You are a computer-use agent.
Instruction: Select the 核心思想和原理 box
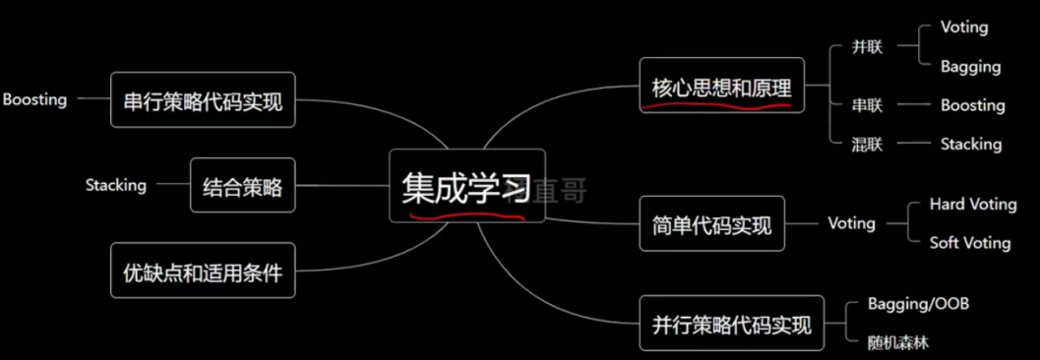[721, 87]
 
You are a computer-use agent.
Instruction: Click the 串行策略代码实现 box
[203, 100]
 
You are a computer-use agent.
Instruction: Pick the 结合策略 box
[242, 185]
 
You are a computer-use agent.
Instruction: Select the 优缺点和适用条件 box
[203, 271]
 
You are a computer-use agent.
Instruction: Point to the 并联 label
[868, 47]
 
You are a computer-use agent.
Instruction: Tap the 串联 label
[868, 105]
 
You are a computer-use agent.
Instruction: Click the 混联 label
[868, 144]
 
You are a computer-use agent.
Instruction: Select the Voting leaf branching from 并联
[963, 28]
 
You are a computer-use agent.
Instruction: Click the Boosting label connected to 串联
[972, 105]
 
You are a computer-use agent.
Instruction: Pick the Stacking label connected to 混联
[970, 144]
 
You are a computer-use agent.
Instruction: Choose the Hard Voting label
[972, 205]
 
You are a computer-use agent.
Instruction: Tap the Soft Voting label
[969, 242]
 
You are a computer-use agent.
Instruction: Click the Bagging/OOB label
[918, 304]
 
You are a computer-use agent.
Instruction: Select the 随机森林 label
[897, 342]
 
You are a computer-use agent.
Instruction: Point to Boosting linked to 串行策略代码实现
[34, 99]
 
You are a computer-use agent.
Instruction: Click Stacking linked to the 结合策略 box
[115, 185]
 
